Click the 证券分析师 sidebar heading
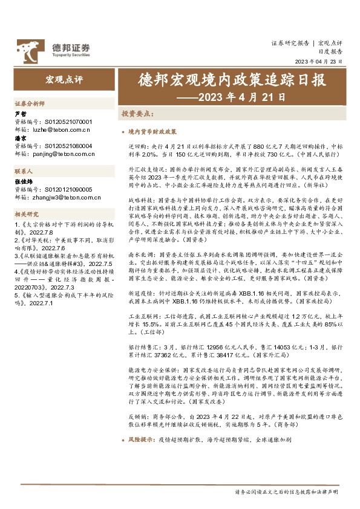(x=30, y=103)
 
